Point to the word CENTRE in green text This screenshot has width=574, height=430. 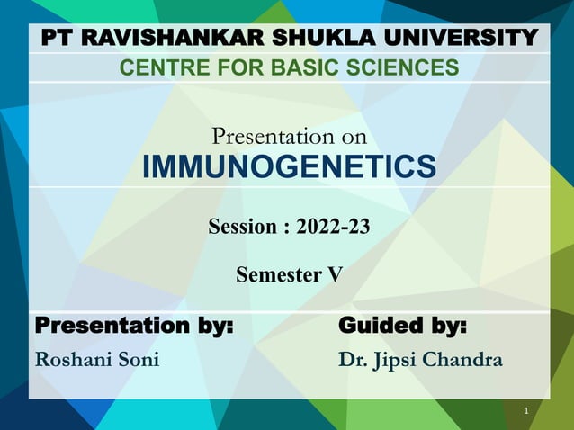[x=160, y=67]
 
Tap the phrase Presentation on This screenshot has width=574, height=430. [x=288, y=137]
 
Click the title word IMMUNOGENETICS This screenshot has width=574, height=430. [x=288, y=167]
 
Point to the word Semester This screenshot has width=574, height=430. [x=277, y=274]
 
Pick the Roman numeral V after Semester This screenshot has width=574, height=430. [x=335, y=274]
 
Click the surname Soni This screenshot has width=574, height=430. [x=139, y=360]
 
